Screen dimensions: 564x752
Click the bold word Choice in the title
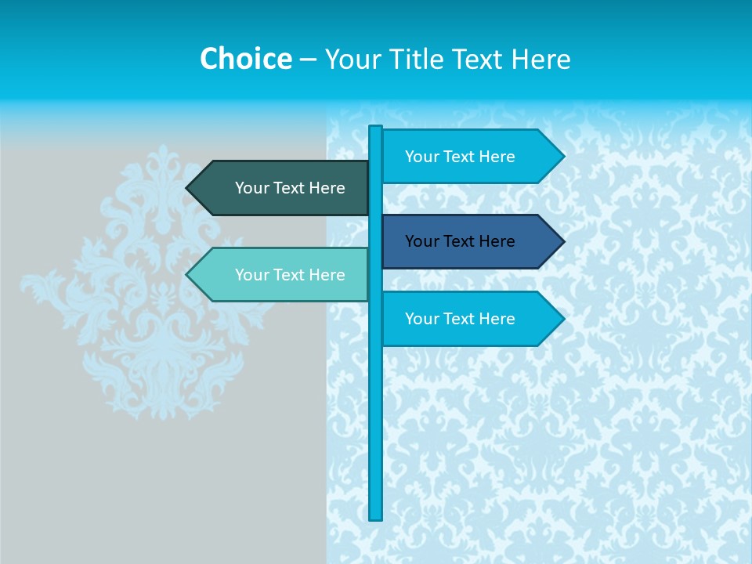point(245,59)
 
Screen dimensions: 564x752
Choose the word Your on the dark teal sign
point(251,188)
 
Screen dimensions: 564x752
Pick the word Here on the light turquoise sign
point(327,275)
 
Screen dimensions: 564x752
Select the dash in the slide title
point(308,60)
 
